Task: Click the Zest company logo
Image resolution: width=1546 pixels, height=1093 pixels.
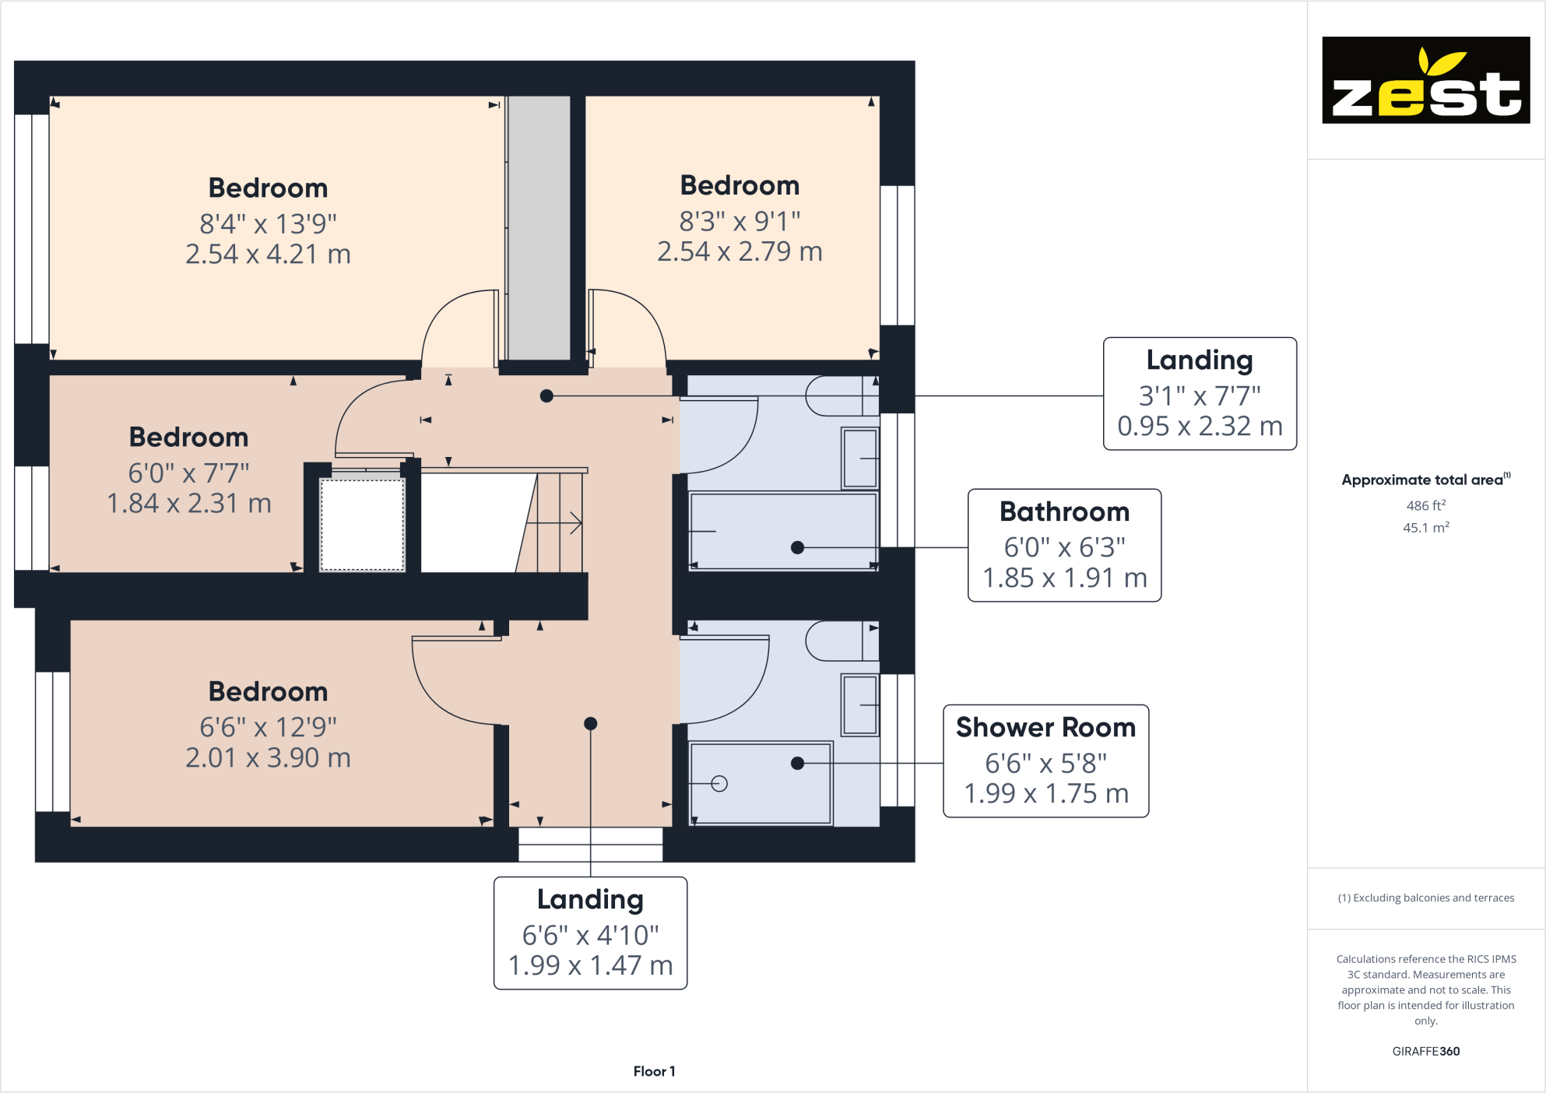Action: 1425,80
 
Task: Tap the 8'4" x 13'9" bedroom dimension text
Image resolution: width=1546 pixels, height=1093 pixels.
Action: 268,223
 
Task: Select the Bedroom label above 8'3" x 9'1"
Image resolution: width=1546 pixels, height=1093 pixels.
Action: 740,185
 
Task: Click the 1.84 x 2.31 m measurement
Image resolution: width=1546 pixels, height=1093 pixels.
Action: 189,504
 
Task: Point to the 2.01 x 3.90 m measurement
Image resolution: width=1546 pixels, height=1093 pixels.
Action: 268,757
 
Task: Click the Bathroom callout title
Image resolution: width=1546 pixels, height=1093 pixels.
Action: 1064,511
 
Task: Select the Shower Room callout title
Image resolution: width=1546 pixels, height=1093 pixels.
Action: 1045,727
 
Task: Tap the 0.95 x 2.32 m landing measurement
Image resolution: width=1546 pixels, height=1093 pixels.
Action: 1200,426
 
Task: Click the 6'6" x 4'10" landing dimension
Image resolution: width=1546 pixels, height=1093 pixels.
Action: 590,934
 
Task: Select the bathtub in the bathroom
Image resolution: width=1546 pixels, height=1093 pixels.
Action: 782,531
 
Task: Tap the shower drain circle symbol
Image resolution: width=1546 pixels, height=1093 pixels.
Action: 719,784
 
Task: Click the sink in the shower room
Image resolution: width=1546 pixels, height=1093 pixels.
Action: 859,705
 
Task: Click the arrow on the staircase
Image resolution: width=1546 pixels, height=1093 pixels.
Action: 574,522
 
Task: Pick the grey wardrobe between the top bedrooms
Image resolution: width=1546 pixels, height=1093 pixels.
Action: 539,227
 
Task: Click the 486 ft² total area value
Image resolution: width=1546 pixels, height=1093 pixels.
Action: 1425,505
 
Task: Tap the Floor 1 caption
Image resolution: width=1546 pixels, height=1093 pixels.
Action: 654,1071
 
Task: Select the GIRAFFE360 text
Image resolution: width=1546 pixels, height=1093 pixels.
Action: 1425,1051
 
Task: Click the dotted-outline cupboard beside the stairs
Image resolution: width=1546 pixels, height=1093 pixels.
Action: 363,525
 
